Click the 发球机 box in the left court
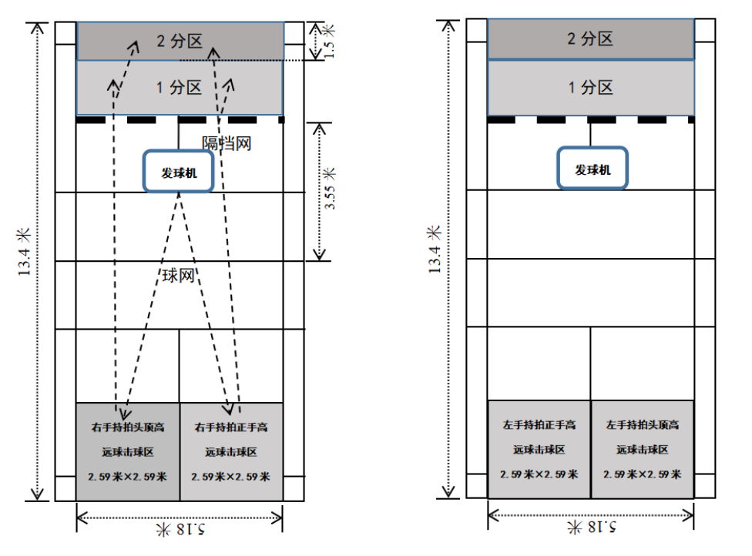179,172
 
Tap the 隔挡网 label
227,143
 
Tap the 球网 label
178,276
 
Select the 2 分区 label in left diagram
179,41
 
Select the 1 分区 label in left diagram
179,88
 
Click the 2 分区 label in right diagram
590,39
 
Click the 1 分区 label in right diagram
590,87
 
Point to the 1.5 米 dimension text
330,42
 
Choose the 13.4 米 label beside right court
435,250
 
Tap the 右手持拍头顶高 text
128,426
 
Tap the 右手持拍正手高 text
231,426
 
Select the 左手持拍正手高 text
539,424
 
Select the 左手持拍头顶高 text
643,424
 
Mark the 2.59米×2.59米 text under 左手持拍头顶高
643,474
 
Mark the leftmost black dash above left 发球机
90,120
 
